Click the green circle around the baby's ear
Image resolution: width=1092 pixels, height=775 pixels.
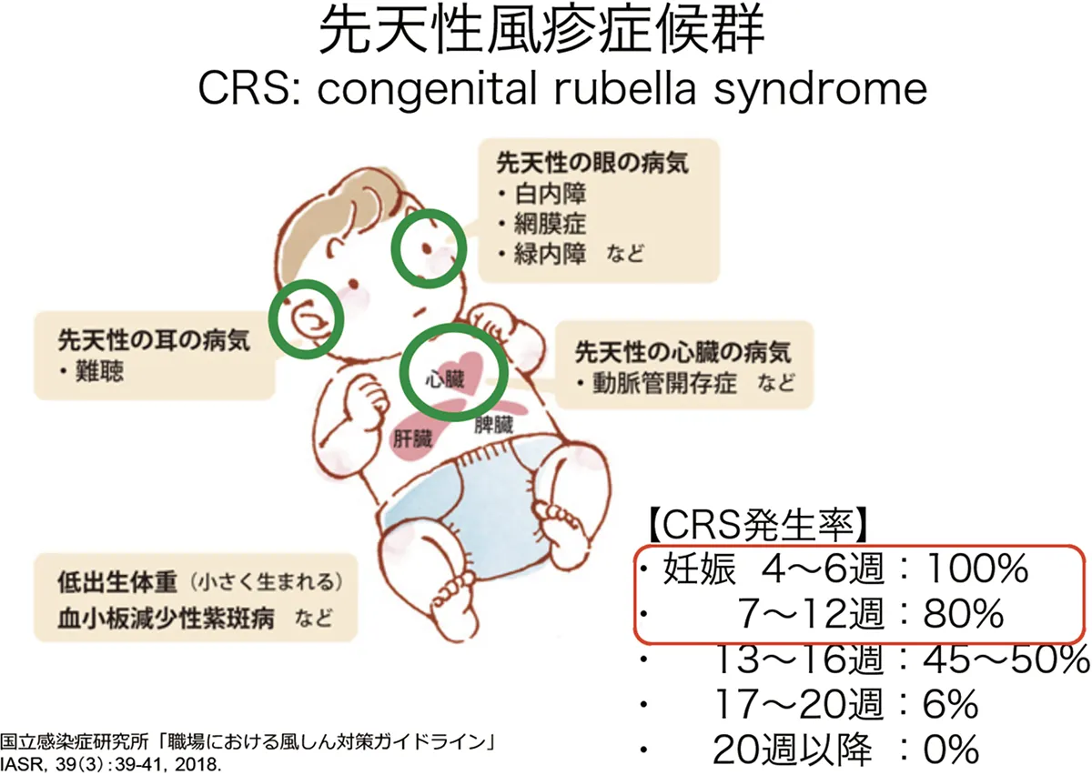[269, 319]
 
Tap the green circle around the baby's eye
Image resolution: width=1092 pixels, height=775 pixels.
[394, 248]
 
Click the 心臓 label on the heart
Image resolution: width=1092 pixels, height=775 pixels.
[445, 379]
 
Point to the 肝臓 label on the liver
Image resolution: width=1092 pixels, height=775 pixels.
[412, 439]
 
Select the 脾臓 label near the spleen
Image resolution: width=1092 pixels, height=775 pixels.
[494, 425]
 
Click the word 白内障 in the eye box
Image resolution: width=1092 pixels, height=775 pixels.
[550, 194]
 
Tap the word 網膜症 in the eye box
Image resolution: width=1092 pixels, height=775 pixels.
[550, 224]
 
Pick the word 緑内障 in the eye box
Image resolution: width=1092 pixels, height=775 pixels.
[550, 254]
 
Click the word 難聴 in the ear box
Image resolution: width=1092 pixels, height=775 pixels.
[99, 371]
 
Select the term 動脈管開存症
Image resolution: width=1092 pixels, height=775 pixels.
[664, 383]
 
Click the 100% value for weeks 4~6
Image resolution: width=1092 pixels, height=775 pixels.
[976, 569]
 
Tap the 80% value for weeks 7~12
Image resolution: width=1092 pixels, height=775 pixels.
[964, 614]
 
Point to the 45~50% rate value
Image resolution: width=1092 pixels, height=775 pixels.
[1006, 659]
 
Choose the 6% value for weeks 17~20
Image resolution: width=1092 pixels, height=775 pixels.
[950, 704]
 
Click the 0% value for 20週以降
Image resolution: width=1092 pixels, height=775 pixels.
[950, 749]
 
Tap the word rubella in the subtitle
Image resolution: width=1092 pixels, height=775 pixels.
[625, 88]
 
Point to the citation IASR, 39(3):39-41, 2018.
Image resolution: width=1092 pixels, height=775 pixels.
[110, 763]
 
